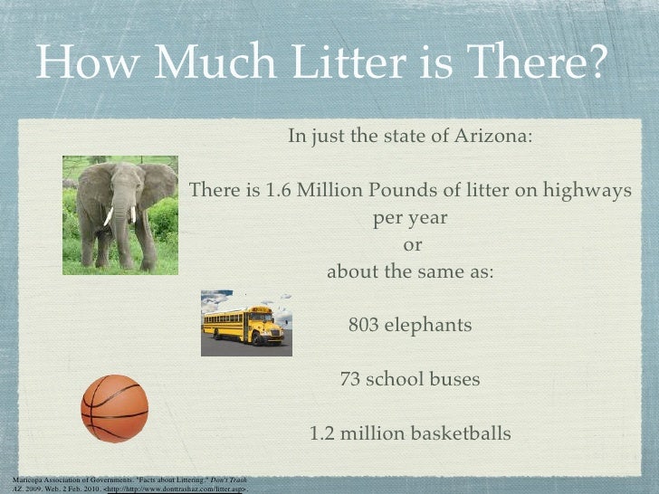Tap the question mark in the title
pos(590,62)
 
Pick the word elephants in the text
pos(430,325)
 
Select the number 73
pos(350,379)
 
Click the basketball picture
pos(114,408)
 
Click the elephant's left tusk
pos(108,216)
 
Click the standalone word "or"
pos(411,245)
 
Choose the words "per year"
pos(410,218)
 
